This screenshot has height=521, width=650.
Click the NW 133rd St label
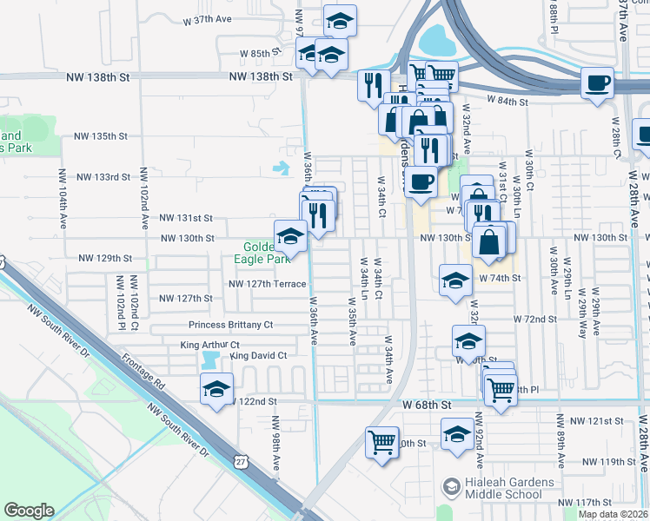coord(103,177)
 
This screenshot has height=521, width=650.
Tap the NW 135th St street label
coord(101,136)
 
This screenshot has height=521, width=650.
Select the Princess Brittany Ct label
coord(232,325)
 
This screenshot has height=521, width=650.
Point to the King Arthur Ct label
coord(209,345)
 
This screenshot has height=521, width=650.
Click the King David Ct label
coord(258,356)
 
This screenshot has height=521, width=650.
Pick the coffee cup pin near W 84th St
coord(597,84)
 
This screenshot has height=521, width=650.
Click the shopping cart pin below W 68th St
coord(382,442)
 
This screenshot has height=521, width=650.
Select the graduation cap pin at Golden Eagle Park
coord(290,235)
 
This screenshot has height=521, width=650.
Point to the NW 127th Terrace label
coord(268,284)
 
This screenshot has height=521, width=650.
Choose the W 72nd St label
coord(534,320)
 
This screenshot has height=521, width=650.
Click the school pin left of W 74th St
coord(454,280)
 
